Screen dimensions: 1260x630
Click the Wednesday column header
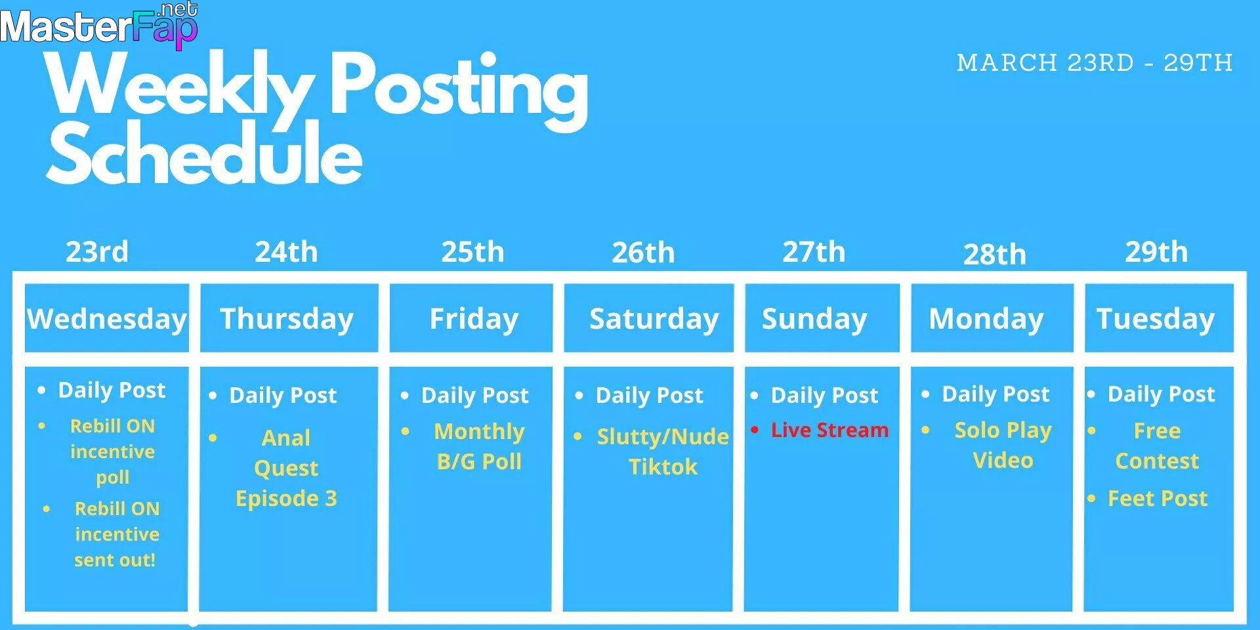[107, 318]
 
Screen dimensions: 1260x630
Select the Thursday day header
[289, 318]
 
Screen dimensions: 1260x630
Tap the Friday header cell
[471, 318]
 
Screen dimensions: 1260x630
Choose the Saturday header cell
[649, 318]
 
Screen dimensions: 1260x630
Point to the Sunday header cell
[822, 318]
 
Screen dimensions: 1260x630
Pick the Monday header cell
[992, 318]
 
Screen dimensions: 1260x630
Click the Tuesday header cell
[1159, 318]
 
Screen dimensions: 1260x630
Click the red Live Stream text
[829, 430]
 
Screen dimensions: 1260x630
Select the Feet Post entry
[1158, 498]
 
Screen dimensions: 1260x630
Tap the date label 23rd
[97, 252]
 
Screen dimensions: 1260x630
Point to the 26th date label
[643, 253]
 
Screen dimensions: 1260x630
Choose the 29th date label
[1156, 252]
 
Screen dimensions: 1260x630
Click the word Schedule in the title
[205, 154]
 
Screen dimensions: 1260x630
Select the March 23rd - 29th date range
[1095, 63]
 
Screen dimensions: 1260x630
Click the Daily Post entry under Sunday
[824, 395]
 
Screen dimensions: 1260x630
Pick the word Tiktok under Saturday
[663, 467]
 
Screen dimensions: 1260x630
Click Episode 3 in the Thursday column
[286, 499]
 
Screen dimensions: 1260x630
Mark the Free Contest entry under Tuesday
[1157, 446]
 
